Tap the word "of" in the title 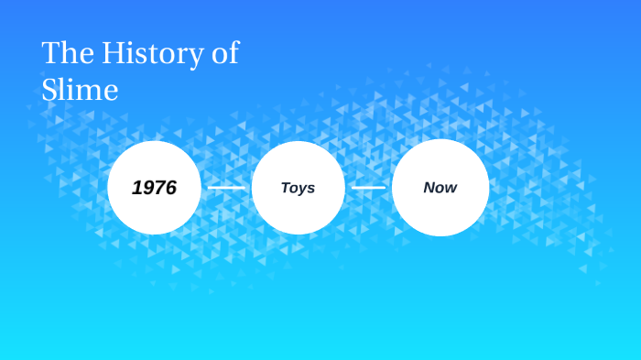point(224,53)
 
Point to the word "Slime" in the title point(80,90)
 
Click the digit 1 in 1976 point(136,188)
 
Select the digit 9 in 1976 point(147,188)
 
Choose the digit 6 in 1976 point(170,188)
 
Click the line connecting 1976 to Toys point(226,188)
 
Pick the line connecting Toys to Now point(369,188)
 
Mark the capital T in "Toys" point(286,188)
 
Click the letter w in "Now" point(451,188)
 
